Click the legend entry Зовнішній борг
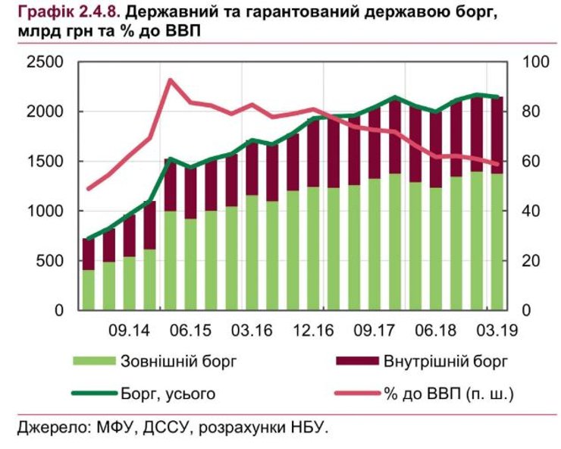click(x=178, y=361)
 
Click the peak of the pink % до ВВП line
click(x=171, y=80)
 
